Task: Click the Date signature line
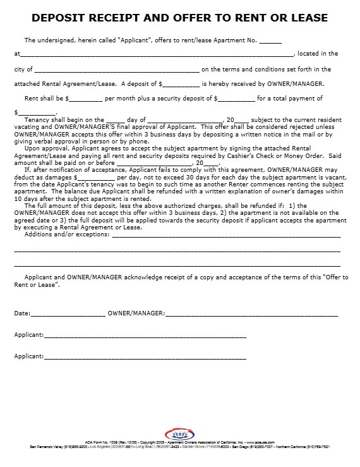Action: (68, 314)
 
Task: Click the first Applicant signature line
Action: (145, 336)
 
